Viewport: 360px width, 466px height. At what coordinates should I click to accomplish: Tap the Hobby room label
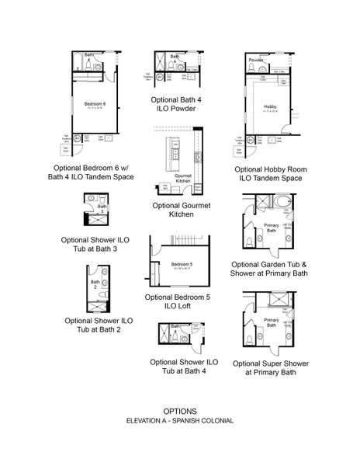point(270,106)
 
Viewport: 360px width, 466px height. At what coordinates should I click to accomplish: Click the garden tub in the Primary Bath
point(282,204)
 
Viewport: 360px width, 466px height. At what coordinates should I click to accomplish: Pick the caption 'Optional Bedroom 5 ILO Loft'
point(179,301)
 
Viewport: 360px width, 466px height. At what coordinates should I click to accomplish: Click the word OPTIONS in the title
point(179,411)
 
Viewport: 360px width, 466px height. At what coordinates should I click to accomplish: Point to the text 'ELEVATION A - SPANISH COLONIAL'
point(179,421)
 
